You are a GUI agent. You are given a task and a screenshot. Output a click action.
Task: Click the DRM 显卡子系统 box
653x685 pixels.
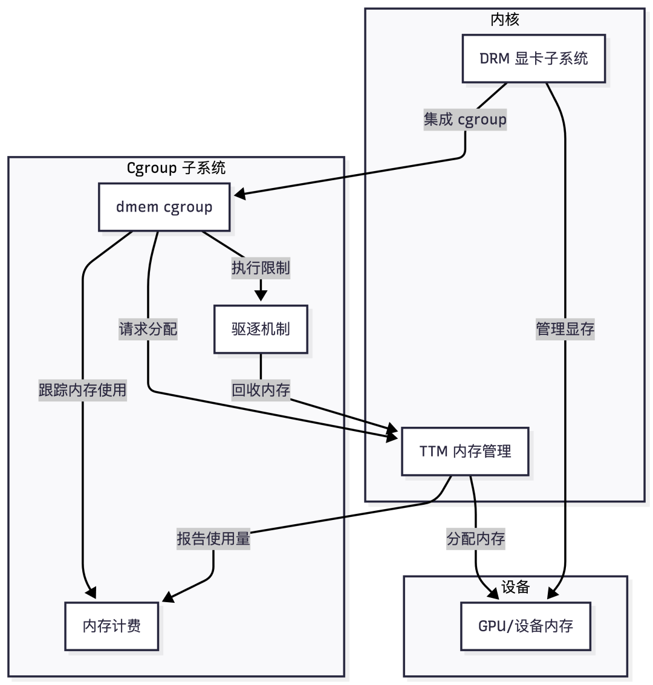click(x=533, y=59)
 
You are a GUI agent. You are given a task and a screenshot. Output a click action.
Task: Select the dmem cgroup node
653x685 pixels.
click(x=164, y=207)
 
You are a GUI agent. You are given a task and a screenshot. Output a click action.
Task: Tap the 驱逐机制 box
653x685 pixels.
click(x=261, y=329)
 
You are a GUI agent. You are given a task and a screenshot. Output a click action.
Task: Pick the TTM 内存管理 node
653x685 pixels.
click(x=465, y=451)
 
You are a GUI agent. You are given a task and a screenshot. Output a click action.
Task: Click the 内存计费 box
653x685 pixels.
click(x=112, y=626)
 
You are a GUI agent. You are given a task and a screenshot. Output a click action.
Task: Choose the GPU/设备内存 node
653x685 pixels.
click(x=525, y=626)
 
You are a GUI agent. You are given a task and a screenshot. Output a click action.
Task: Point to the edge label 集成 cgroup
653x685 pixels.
click(x=465, y=119)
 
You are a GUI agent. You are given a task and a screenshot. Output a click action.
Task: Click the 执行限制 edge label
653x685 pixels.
click(x=261, y=268)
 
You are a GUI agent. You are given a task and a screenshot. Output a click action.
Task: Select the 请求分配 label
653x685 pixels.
click(x=148, y=329)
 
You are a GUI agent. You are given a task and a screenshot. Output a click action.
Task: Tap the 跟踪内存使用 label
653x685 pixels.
click(x=83, y=390)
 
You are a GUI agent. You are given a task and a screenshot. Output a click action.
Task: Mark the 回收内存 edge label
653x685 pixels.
click(x=261, y=390)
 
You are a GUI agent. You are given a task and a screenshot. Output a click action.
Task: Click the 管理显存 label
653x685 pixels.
click(x=565, y=329)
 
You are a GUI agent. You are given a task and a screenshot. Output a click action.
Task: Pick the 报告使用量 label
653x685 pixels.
click(x=213, y=539)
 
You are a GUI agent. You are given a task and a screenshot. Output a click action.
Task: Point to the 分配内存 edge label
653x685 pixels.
click(x=476, y=539)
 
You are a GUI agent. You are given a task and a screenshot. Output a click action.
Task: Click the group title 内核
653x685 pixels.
click(x=505, y=19)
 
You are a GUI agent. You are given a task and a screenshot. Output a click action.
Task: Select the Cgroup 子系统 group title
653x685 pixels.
click(x=176, y=167)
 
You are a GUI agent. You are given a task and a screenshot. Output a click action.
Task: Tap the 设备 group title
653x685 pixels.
click(x=516, y=586)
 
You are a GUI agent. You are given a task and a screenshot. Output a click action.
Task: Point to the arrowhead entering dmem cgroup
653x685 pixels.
click(x=239, y=195)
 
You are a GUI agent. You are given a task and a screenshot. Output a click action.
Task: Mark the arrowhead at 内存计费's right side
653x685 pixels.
click(x=167, y=599)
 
